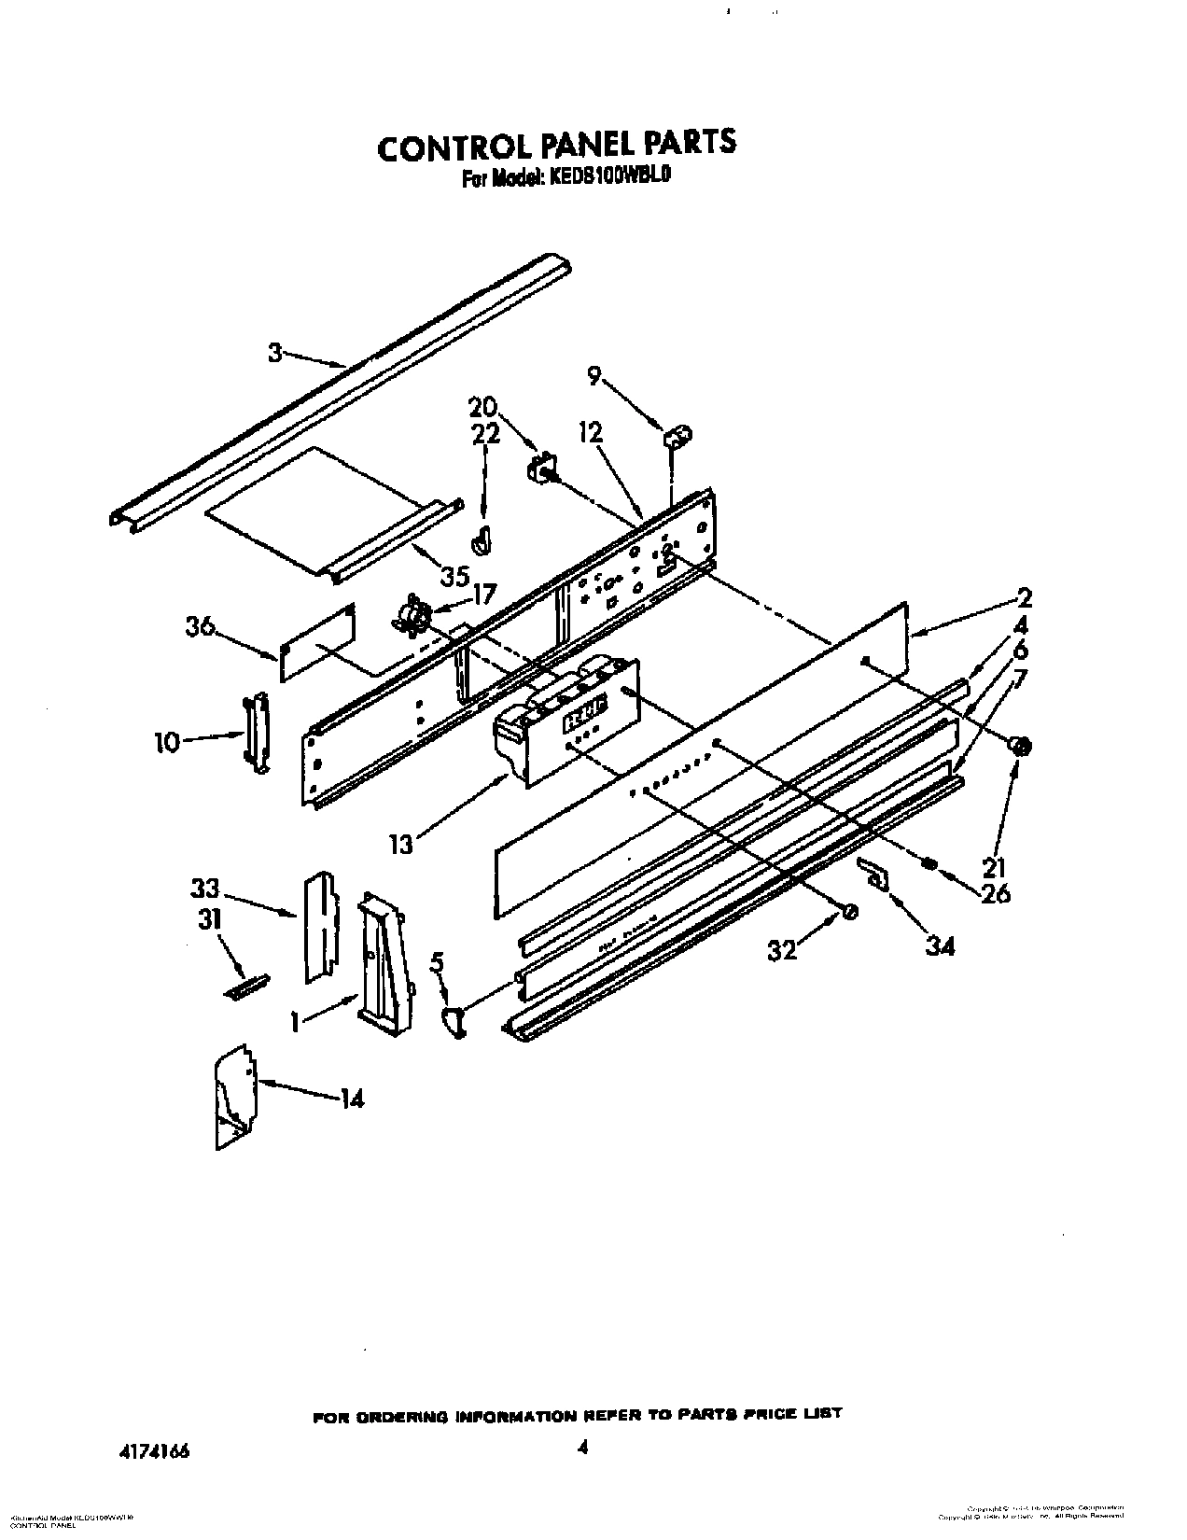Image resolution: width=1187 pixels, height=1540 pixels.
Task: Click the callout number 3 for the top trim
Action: point(275,352)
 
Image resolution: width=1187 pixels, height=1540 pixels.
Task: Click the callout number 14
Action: point(351,1099)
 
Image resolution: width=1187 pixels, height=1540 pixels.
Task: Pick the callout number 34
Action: point(941,946)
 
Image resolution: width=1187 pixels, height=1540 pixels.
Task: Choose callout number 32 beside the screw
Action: point(782,949)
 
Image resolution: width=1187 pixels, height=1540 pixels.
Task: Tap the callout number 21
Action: point(995,867)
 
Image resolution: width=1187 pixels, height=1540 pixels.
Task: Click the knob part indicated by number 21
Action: point(1019,744)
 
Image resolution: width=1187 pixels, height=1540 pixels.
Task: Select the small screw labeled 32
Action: point(849,913)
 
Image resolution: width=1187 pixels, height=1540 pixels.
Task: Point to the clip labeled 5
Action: point(455,1021)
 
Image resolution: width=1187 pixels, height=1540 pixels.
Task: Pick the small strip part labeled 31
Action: point(246,987)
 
